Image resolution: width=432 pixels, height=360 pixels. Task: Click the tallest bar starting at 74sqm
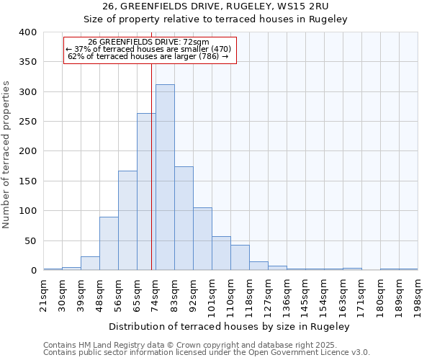click(165, 177)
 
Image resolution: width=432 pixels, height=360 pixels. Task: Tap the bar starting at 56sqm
click(127, 220)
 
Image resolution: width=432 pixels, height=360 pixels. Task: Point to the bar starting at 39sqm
click(90, 264)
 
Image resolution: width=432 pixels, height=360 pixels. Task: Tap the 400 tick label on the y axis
click(27, 32)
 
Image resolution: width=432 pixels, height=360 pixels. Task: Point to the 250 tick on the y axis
click(27, 122)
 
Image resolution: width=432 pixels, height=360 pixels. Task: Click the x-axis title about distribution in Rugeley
click(230, 326)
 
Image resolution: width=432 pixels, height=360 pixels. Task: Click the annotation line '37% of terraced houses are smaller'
click(150, 49)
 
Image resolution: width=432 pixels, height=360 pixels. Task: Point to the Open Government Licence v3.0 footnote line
click(207, 353)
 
